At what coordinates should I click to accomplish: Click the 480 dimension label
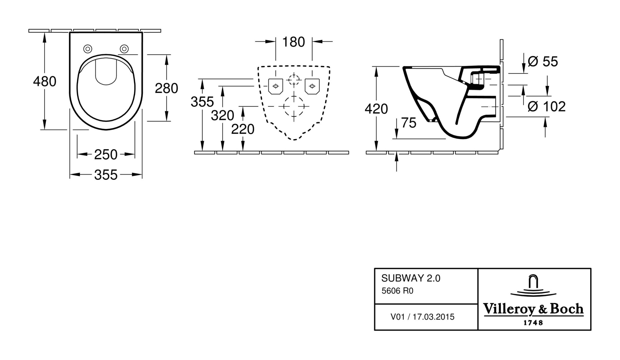point(45,81)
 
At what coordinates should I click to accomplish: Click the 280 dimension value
point(166,89)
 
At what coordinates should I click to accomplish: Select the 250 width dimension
point(106,155)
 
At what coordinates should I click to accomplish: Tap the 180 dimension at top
point(294,42)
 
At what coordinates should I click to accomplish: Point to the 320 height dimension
point(222,116)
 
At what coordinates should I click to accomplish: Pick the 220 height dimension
point(243,129)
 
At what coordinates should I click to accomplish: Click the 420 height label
point(376,109)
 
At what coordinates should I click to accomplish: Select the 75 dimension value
point(409,123)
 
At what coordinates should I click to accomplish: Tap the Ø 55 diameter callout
point(543,62)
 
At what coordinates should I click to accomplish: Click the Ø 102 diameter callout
point(547,107)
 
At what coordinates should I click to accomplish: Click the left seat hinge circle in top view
point(88,49)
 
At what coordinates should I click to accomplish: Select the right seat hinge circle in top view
point(124,49)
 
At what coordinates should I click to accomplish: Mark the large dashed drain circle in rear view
point(294,106)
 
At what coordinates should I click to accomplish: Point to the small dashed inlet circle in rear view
point(294,80)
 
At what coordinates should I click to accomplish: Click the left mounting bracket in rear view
point(275,86)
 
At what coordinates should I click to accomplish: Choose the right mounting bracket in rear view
point(312,86)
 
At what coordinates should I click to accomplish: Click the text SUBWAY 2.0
point(410,278)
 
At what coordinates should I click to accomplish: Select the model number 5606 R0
point(397,291)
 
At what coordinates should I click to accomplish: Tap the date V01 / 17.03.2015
point(422,317)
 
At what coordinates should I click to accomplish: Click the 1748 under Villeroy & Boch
point(533,323)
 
